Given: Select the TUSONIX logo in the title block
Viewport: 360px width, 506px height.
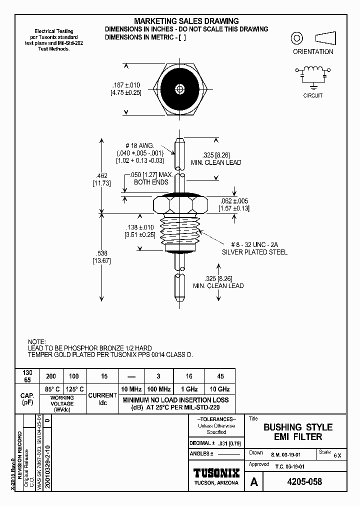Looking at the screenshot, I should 216,473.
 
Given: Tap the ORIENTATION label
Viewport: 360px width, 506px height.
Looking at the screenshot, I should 313,51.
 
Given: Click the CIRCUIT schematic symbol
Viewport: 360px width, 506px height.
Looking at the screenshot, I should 313,73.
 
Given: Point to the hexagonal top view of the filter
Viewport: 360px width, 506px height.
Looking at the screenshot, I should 179,90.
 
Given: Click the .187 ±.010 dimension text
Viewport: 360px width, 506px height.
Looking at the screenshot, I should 125,85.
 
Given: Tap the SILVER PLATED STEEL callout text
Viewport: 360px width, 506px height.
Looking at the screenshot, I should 254,252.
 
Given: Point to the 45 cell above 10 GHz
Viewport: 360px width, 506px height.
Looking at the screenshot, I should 220,376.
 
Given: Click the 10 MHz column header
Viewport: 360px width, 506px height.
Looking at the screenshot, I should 132,389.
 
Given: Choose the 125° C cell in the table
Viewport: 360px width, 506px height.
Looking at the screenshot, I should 74,389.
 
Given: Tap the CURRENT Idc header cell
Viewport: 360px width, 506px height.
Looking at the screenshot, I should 102,398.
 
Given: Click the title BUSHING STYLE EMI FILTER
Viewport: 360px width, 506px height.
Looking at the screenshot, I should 297,432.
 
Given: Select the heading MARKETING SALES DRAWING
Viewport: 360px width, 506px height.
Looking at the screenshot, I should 186,21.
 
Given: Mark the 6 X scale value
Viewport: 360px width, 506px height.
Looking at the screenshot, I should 337,455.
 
